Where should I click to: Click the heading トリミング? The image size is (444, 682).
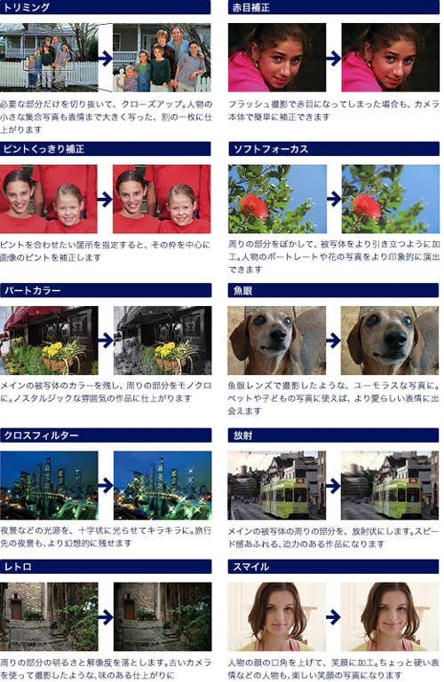point(27,7)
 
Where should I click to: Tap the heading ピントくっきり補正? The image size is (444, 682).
point(44,149)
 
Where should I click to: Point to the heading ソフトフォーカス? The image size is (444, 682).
point(270,149)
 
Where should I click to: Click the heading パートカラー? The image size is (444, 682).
point(32,291)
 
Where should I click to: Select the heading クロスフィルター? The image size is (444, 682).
point(42,435)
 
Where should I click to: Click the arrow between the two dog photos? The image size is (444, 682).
point(333,341)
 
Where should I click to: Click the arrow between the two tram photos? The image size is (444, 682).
point(333,486)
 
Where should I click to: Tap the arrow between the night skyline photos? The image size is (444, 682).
point(106,485)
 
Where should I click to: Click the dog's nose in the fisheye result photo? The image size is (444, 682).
point(396,338)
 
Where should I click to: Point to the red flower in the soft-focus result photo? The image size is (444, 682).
point(367,205)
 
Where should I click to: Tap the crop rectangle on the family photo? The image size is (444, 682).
point(48,51)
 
